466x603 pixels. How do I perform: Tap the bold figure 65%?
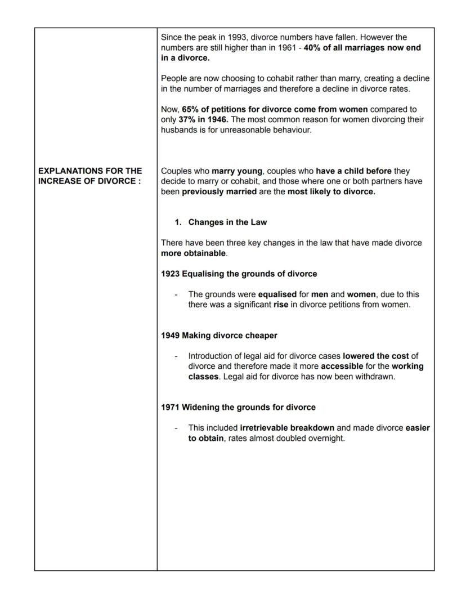pos(191,109)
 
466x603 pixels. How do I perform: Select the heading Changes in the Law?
pos(227,222)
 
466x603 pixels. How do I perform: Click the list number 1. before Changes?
pos(178,222)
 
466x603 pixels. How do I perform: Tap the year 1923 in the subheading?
pos(171,274)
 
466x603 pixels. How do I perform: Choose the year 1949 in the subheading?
pos(171,336)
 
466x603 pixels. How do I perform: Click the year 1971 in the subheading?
pos(171,407)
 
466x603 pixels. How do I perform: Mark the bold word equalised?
pos(277,294)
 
